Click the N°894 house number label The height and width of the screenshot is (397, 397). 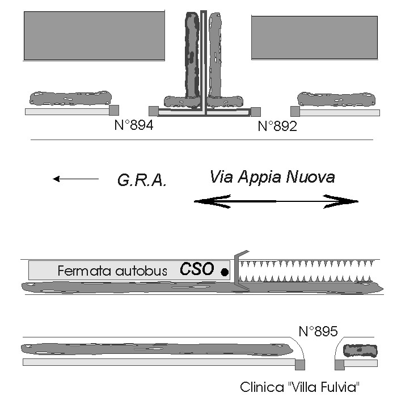tap(134, 125)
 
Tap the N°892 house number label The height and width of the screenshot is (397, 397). tap(277, 126)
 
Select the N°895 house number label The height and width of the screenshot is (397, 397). tap(318, 331)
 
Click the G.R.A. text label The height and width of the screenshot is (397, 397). tap(142, 180)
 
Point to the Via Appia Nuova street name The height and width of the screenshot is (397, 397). tap(272, 177)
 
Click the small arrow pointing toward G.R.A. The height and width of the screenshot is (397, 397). tap(75, 179)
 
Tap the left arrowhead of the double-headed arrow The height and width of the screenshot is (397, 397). tap(212, 201)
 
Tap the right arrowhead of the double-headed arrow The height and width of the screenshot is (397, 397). tap(341, 201)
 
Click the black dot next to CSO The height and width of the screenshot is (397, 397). tap(225, 272)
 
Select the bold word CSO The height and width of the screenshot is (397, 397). tap(197, 269)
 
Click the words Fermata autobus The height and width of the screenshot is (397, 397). tap(112, 271)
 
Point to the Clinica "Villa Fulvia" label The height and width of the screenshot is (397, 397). tap(300, 387)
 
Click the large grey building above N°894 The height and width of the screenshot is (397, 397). tap(94, 36)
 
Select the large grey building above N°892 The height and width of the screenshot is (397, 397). tap(314, 37)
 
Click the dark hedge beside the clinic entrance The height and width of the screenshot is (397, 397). tap(360, 350)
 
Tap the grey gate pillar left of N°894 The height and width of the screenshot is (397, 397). tap(114, 110)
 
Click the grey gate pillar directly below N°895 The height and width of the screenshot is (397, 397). tap(300, 365)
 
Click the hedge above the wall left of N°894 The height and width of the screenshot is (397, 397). tap(71, 98)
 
